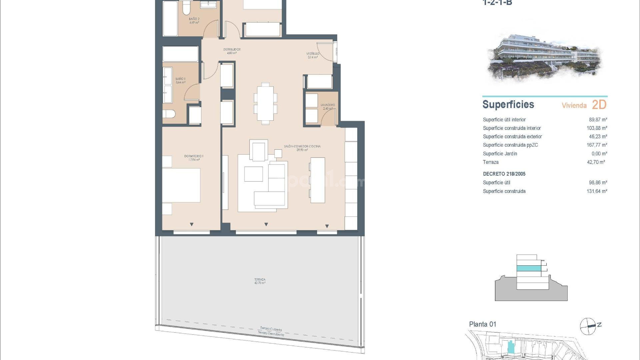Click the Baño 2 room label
click(194, 21)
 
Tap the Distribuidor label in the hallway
click(232, 51)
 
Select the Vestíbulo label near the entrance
click(313, 55)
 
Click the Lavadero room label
click(328, 107)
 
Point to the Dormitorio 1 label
click(194, 158)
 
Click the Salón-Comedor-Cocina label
click(302, 148)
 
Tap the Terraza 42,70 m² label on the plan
click(260, 281)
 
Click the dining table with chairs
click(265, 103)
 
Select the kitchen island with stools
click(317, 180)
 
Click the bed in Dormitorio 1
click(181, 185)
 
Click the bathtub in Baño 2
click(170, 18)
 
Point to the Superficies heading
click(508, 105)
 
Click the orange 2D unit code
click(599, 105)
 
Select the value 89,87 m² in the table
click(598, 120)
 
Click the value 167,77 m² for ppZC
click(597, 145)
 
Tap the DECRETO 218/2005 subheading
click(504, 174)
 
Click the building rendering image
click(545, 57)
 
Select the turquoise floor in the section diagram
click(529, 268)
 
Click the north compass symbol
click(588, 326)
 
